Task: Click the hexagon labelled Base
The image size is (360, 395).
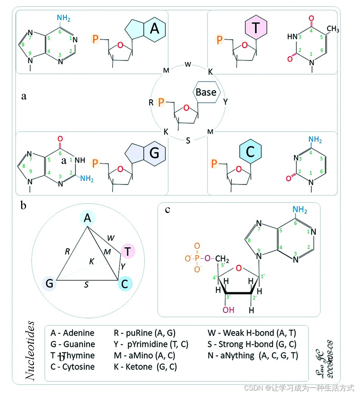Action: (x=206, y=92)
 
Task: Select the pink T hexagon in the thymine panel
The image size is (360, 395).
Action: (x=256, y=27)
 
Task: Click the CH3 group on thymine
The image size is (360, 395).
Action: (x=333, y=29)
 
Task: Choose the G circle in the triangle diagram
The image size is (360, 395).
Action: (x=49, y=283)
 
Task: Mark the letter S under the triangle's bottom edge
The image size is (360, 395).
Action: (x=86, y=285)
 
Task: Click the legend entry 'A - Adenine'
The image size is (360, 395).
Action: (x=72, y=333)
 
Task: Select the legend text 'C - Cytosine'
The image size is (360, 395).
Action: (x=72, y=366)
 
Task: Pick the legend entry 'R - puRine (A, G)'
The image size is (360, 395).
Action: (x=145, y=333)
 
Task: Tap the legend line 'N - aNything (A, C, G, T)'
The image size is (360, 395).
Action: (x=253, y=355)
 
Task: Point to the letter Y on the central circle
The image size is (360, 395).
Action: (x=226, y=102)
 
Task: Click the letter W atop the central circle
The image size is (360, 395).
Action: (x=188, y=64)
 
